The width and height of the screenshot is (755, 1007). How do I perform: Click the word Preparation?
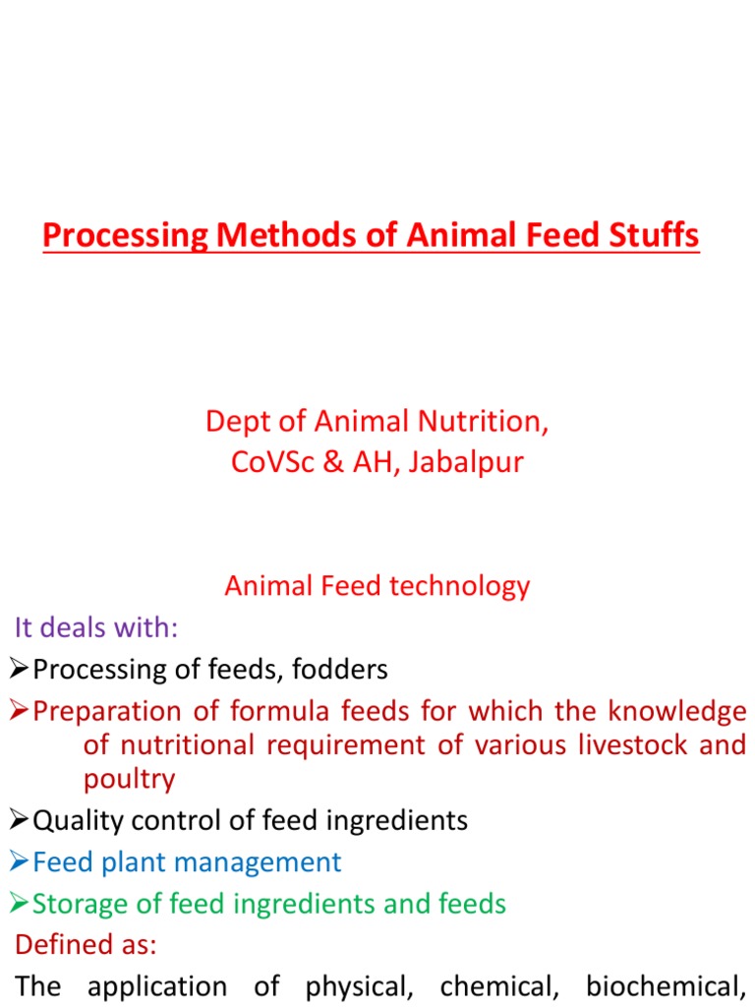107,711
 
